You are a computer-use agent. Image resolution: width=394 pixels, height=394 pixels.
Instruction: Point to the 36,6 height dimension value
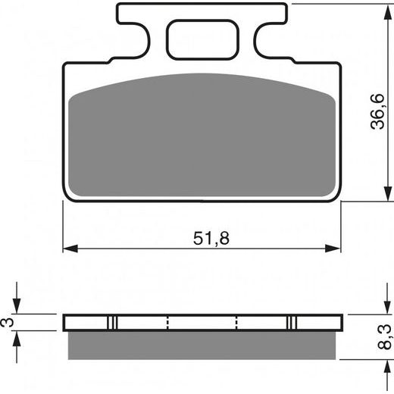point(377,110)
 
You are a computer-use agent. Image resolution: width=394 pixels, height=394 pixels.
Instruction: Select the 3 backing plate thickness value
point(8,321)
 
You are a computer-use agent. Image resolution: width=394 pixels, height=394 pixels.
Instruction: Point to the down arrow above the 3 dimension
point(18,307)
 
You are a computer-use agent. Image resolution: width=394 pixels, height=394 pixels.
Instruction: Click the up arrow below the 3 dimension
point(18,338)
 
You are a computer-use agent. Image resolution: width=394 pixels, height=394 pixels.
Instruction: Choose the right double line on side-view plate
point(291,322)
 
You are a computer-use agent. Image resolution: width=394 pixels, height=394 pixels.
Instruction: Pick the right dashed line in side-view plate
point(237,322)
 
